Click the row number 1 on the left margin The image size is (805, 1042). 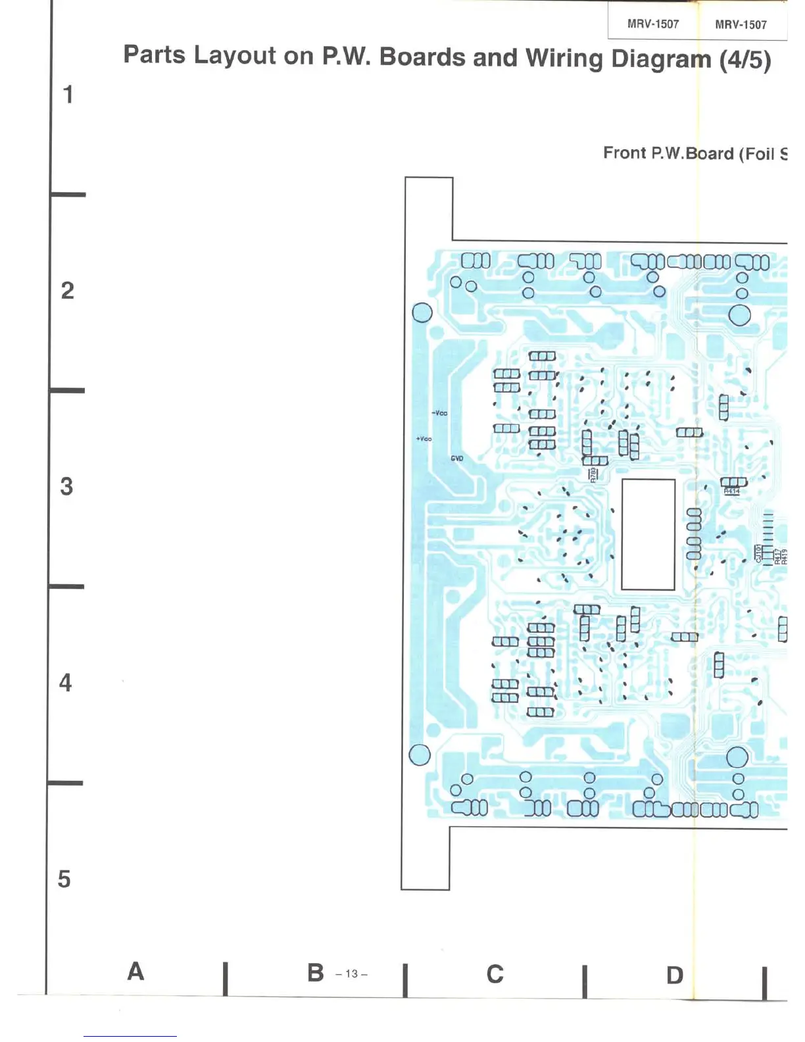(68, 95)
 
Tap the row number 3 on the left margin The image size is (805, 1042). (66, 487)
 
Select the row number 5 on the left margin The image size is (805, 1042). (64, 879)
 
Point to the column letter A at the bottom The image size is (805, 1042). (135, 972)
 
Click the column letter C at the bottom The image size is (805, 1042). (495, 974)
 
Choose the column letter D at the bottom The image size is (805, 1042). (675, 976)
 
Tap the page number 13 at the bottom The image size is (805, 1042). (351, 974)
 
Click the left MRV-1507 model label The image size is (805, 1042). (652, 24)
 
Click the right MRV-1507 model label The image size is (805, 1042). (741, 25)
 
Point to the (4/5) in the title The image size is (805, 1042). (744, 61)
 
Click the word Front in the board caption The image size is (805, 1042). (624, 153)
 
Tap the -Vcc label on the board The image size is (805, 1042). (439, 413)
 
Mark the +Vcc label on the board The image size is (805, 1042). (424, 439)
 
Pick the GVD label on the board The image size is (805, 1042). (457, 459)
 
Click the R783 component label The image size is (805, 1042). (593, 474)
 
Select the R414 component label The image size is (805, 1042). (732, 491)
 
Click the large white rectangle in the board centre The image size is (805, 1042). (648, 534)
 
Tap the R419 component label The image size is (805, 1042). (784, 557)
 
